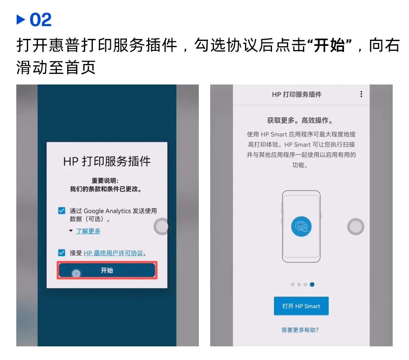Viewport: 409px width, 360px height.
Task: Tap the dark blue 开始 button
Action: (107, 270)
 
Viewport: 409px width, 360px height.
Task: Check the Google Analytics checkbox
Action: (62, 210)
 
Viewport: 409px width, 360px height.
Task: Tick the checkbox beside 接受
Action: (62, 253)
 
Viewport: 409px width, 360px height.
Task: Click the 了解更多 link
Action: (88, 231)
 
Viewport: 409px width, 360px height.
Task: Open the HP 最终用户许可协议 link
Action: (114, 253)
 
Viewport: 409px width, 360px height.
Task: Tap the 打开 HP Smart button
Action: (301, 306)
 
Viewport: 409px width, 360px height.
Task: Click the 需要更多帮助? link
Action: (300, 330)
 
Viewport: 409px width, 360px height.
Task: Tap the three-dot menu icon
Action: (361, 94)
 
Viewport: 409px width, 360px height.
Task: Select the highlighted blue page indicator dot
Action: (312, 284)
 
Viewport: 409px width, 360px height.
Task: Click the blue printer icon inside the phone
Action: (301, 226)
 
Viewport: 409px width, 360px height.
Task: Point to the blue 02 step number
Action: (41, 20)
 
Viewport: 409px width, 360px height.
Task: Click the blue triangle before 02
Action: (20, 20)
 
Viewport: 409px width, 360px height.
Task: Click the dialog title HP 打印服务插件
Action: (107, 161)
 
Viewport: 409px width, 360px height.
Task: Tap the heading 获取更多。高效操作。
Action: (300, 121)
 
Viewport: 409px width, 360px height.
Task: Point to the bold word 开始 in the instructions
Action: (329, 45)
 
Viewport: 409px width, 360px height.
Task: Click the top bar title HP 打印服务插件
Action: (297, 94)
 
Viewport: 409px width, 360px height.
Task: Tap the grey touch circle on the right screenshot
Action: (356, 227)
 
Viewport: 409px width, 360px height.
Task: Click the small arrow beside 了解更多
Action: (71, 231)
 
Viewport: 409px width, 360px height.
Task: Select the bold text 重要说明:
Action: (105, 181)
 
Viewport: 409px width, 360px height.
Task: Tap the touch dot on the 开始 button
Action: (76, 273)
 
